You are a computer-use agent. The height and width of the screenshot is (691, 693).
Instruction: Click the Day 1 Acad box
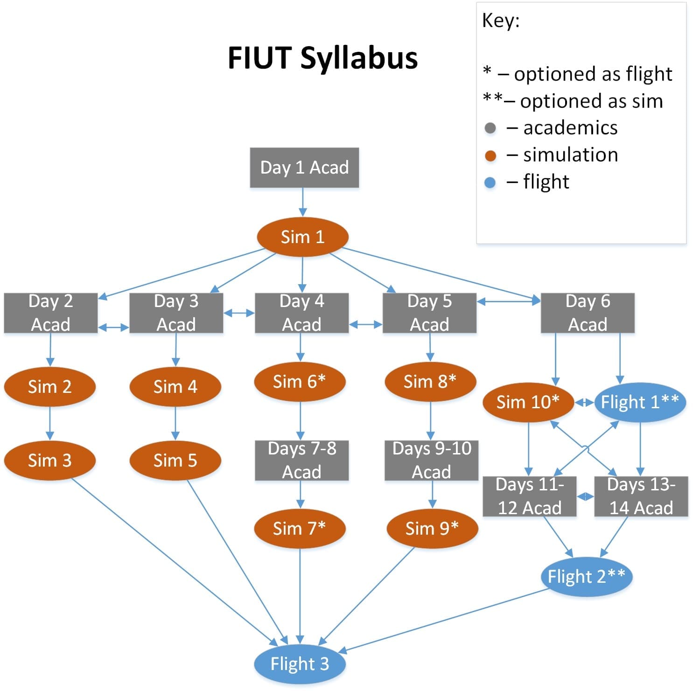point(304,168)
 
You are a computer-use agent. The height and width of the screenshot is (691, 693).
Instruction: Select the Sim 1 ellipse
point(302,237)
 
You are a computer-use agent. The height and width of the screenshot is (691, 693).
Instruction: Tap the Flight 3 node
point(300,663)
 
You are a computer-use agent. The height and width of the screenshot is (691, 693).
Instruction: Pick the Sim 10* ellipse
point(528,402)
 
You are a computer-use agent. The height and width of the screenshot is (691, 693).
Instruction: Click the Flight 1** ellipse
point(640,402)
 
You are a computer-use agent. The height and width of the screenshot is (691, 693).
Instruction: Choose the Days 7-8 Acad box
point(301,461)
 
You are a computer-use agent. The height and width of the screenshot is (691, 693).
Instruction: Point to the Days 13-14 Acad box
point(641,496)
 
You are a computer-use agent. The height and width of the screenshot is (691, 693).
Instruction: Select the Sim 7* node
point(300,529)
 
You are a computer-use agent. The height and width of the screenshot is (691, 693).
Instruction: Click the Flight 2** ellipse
point(586,577)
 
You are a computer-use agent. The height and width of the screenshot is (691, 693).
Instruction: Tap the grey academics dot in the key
point(490,128)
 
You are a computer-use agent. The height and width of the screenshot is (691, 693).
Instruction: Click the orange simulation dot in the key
point(490,155)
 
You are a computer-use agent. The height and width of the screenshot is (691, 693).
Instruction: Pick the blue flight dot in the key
point(490,182)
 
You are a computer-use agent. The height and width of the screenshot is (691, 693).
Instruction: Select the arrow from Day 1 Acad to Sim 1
point(302,202)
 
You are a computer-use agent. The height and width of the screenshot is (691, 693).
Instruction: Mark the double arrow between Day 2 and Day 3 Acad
point(113,328)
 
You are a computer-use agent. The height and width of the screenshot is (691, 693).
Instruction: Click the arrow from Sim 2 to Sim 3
point(50,423)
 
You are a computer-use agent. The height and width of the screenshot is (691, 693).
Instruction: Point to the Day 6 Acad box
point(588,313)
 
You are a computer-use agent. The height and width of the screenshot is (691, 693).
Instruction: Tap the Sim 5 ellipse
point(175,461)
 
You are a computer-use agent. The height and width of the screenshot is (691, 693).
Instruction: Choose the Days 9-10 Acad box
point(432,461)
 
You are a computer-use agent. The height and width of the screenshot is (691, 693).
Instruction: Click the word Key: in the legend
point(501,21)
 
